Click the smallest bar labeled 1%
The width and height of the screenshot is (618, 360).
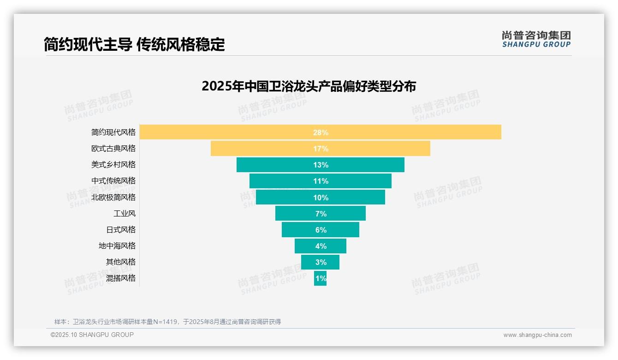point(320,278)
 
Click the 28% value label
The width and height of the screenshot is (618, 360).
point(321,132)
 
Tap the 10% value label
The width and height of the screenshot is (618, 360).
point(321,198)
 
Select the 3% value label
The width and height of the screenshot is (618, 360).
point(321,262)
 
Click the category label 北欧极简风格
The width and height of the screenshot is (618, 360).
point(113,197)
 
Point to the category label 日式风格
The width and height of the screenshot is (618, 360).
point(121,229)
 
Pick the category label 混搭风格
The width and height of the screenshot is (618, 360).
point(121,278)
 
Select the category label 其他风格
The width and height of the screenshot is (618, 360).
point(121,262)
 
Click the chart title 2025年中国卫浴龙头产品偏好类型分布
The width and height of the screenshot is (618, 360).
point(309,86)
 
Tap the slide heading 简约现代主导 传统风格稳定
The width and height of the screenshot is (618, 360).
point(134,44)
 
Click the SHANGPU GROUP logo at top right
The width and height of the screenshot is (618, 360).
point(536,39)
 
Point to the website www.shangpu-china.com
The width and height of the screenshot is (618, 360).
point(537,335)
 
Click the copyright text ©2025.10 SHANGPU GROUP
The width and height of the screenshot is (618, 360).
point(92,335)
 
